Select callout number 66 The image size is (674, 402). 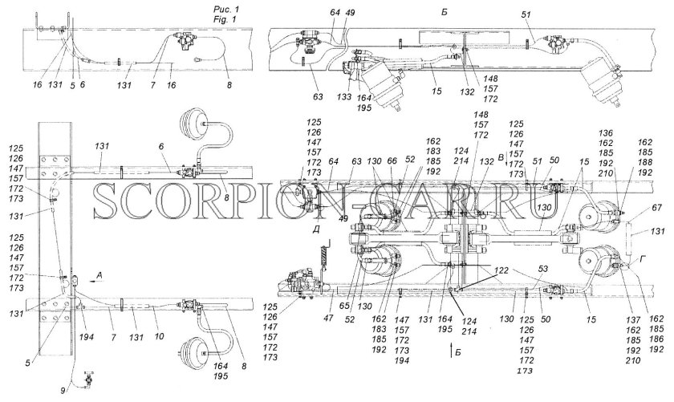pos(392,161)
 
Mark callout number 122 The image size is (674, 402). pos(501,271)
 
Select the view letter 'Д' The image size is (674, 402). pos(319,230)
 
